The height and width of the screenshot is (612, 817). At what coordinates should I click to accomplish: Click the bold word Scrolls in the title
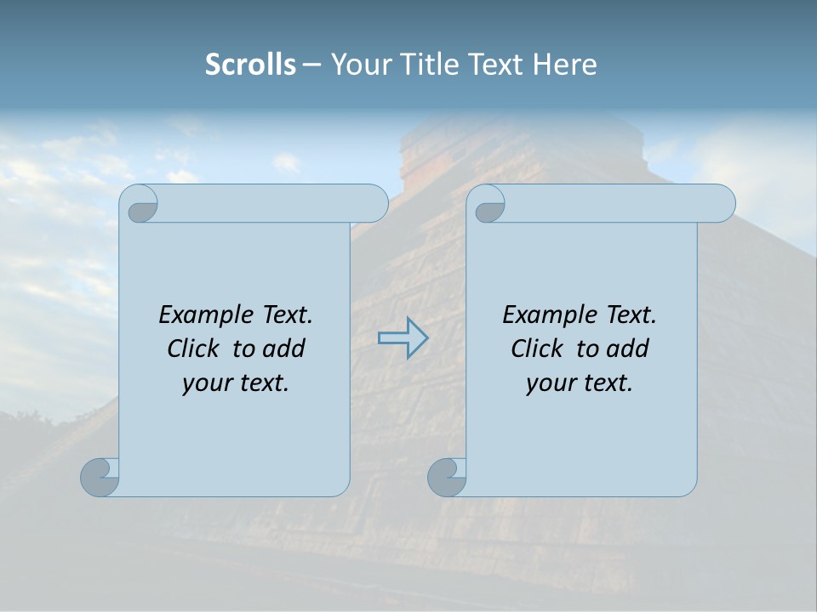click(x=250, y=65)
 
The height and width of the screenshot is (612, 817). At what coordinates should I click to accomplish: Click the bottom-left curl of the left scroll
click(x=100, y=477)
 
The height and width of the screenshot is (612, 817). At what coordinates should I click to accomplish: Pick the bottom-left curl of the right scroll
click(x=447, y=477)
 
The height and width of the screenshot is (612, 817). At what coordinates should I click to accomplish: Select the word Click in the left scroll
click(x=192, y=348)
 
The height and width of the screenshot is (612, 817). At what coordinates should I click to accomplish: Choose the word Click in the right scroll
click(x=536, y=348)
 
